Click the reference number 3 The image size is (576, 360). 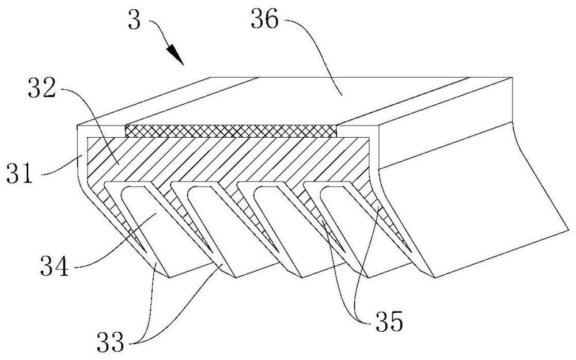click(x=135, y=21)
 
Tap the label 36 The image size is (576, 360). click(x=265, y=20)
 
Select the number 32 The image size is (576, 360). click(x=41, y=89)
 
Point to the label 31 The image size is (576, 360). click(x=20, y=174)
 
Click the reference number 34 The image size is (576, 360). click(x=54, y=266)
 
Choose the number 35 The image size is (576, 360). click(x=389, y=322)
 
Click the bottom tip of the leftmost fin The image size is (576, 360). click(x=168, y=278)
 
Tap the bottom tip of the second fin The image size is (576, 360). click(x=235, y=278)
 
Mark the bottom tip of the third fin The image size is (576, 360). click(x=302, y=278)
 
